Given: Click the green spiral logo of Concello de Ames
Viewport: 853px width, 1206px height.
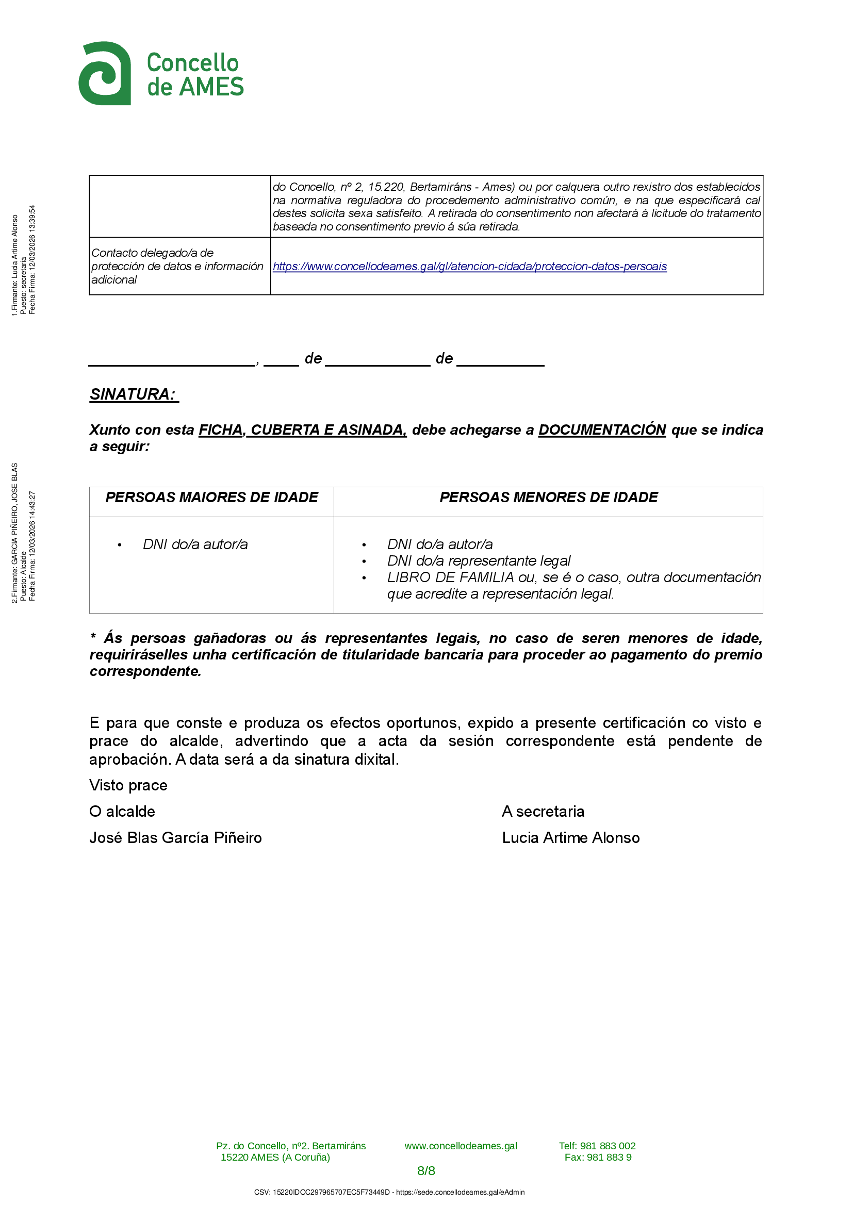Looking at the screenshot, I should pyautogui.click(x=105, y=74).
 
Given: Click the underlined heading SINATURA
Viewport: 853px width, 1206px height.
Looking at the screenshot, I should pyautogui.click(x=134, y=394).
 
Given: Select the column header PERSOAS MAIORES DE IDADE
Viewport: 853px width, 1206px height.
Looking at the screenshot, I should pyautogui.click(x=211, y=498).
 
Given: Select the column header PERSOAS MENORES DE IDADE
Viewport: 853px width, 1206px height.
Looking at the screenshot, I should pyautogui.click(x=548, y=498).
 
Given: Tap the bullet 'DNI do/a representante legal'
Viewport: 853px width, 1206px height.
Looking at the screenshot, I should pyautogui.click(x=479, y=561).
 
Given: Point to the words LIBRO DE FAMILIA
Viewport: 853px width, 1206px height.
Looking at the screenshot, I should pyautogui.click(x=450, y=577).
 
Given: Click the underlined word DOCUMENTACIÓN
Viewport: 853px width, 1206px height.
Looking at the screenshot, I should pyautogui.click(x=602, y=429).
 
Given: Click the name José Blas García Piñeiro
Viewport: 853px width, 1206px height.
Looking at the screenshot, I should pyautogui.click(x=175, y=837).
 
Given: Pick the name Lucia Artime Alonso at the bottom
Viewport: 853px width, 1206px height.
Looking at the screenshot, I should pyautogui.click(x=570, y=837).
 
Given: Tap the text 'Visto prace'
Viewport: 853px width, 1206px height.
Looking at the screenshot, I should pyautogui.click(x=128, y=785).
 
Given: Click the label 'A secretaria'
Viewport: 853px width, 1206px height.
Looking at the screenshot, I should pyautogui.click(x=543, y=812).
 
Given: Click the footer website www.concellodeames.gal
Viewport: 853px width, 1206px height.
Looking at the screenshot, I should pyautogui.click(x=461, y=1146).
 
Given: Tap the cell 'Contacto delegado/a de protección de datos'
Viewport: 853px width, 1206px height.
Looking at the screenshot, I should pyautogui.click(x=177, y=266).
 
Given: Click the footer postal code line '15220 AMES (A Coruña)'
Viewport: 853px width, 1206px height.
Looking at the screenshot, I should pyautogui.click(x=275, y=1157).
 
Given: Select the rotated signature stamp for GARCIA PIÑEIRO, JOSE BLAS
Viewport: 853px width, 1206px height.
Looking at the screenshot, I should pyautogui.click(x=23, y=533).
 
